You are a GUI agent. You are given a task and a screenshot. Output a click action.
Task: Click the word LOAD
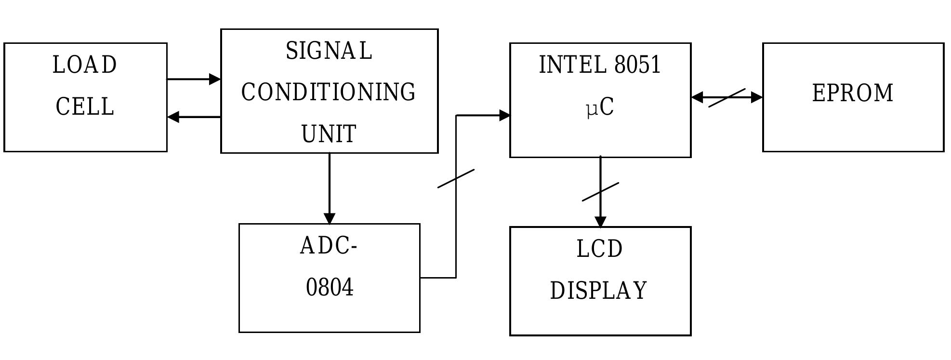(x=85, y=65)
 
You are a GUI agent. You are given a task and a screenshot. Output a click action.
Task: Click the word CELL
(x=85, y=107)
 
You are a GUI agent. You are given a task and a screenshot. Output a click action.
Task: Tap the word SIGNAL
(x=329, y=51)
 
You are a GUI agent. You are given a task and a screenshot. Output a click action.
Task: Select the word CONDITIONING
(x=329, y=93)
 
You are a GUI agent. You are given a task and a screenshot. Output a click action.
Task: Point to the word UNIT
(x=329, y=134)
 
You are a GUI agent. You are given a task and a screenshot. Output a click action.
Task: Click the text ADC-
(x=329, y=246)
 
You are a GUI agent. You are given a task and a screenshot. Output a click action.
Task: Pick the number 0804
(x=330, y=287)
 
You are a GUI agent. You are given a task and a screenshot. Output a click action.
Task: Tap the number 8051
(x=637, y=65)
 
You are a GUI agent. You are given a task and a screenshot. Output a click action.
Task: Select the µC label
(x=600, y=107)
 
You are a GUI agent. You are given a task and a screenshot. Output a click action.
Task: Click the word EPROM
(x=853, y=93)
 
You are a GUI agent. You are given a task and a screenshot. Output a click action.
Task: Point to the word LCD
(x=600, y=249)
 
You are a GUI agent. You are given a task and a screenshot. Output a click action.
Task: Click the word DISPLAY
(x=598, y=291)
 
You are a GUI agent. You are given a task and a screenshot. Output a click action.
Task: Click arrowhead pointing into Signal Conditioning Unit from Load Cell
(x=215, y=79)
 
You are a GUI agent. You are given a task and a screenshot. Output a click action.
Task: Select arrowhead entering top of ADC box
(x=330, y=218)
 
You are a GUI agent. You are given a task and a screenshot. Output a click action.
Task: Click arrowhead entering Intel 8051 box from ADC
(x=504, y=115)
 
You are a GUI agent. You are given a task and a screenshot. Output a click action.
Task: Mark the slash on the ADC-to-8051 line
(x=456, y=178)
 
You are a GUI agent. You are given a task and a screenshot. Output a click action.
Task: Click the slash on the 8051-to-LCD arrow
(x=600, y=192)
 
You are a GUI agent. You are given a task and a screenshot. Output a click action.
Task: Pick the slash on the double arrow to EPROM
(x=726, y=98)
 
